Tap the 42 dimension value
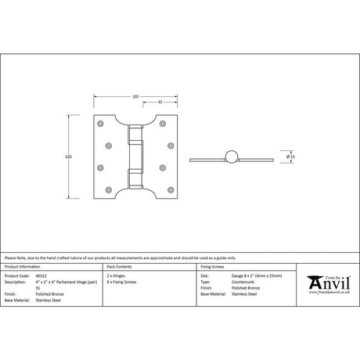click(x=159, y=102)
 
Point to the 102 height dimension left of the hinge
click(x=70, y=156)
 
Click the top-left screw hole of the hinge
click(x=99, y=124)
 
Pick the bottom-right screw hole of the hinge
click(x=171, y=188)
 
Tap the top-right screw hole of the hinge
click(x=171, y=124)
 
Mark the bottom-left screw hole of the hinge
click(x=99, y=188)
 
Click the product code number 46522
click(x=42, y=276)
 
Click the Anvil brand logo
click(x=329, y=283)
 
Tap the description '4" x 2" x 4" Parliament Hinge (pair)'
click(x=71, y=282)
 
